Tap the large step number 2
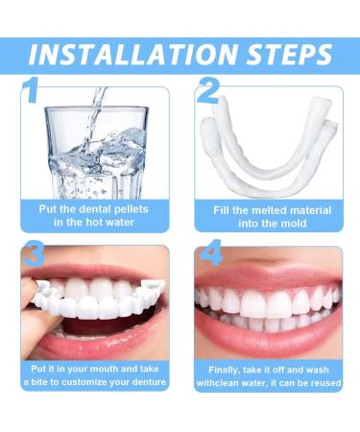tap(207, 92)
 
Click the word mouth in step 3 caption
tap(106, 368)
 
